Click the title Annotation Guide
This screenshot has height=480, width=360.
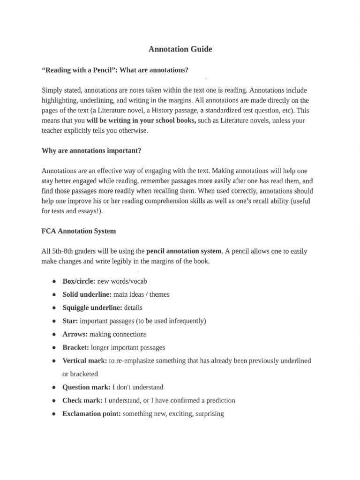[x=180, y=49]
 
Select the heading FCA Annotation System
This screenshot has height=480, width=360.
[x=79, y=231]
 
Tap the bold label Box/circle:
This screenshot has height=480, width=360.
[x=79, y=281]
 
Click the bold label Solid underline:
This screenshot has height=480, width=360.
[x=87, y=294]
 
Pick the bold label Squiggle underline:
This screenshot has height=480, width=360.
[x=92, y=308]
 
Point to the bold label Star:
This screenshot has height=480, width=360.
[x=70, y=321]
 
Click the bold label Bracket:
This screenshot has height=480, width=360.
[x=75, y=348]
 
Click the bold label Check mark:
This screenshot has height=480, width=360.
[x=82, y=400]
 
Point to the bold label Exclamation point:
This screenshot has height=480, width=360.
[x=91, y=414]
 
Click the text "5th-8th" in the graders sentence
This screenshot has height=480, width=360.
[x=63, y=251]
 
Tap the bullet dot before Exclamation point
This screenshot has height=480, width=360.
[x=54, y=414]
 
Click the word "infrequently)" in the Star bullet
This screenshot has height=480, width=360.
[x=186, y=321]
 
